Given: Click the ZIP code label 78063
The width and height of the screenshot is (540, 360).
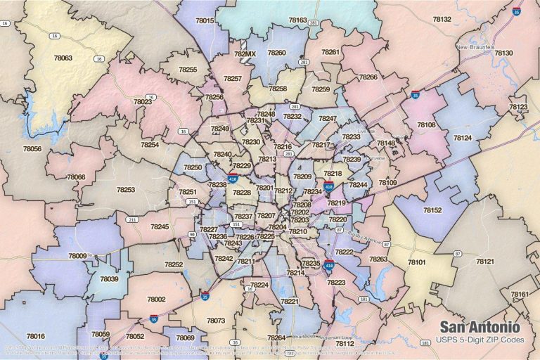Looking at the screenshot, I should [63, 58].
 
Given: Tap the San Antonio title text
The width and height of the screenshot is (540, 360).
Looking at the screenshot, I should [480, 327].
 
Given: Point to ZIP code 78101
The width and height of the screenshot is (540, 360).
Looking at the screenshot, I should [417, 262].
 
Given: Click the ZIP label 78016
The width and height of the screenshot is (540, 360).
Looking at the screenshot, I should [35, 336].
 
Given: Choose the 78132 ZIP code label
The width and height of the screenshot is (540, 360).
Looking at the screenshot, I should [442, 19].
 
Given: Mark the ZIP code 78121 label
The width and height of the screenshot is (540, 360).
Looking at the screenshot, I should [485, 261].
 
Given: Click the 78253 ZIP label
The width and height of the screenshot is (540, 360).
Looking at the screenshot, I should [126, 190].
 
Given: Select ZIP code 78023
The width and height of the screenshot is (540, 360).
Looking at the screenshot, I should [142, 102].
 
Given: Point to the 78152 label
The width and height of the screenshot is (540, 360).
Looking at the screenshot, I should [432, 210].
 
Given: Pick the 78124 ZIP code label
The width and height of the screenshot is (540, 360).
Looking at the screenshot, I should [462, 138].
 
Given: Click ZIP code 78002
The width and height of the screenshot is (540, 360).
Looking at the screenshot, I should [156, 299].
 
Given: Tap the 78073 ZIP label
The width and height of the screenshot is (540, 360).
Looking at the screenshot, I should [216, 321].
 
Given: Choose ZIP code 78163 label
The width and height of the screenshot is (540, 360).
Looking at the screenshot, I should [297, 20].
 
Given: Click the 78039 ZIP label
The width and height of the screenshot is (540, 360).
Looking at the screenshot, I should [109, 279].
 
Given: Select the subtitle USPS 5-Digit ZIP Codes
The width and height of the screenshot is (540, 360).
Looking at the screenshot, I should [480, 341].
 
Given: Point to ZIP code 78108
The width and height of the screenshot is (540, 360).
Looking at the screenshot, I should [426, 124].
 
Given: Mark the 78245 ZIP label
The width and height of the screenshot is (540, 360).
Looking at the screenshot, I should [160, 226].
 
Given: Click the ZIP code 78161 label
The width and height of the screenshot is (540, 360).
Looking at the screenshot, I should [520, 294].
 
